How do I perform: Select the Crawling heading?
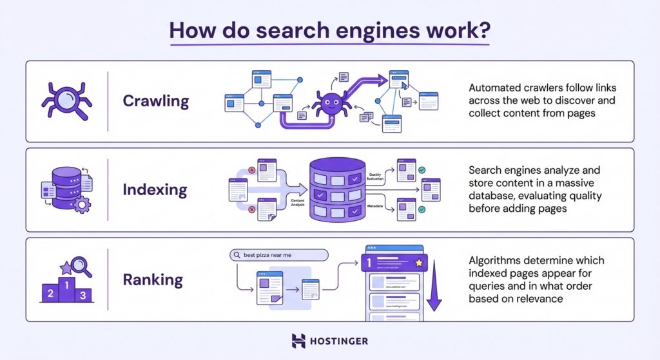click(x=155, y=101)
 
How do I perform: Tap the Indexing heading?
click(x=155, y=190)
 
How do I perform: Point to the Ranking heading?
click(x=153, y=279)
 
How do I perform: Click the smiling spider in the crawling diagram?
click(x=330, y=104)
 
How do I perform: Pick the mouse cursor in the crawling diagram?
click(x=404, y=84)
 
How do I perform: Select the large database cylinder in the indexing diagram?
click(x=337, y=189)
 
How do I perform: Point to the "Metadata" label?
click(x=376, y=206)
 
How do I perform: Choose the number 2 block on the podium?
click(x=50, y=294)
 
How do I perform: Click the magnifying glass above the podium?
click(x=80, y=265)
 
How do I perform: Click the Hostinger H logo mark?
click(x=298, y=341)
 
